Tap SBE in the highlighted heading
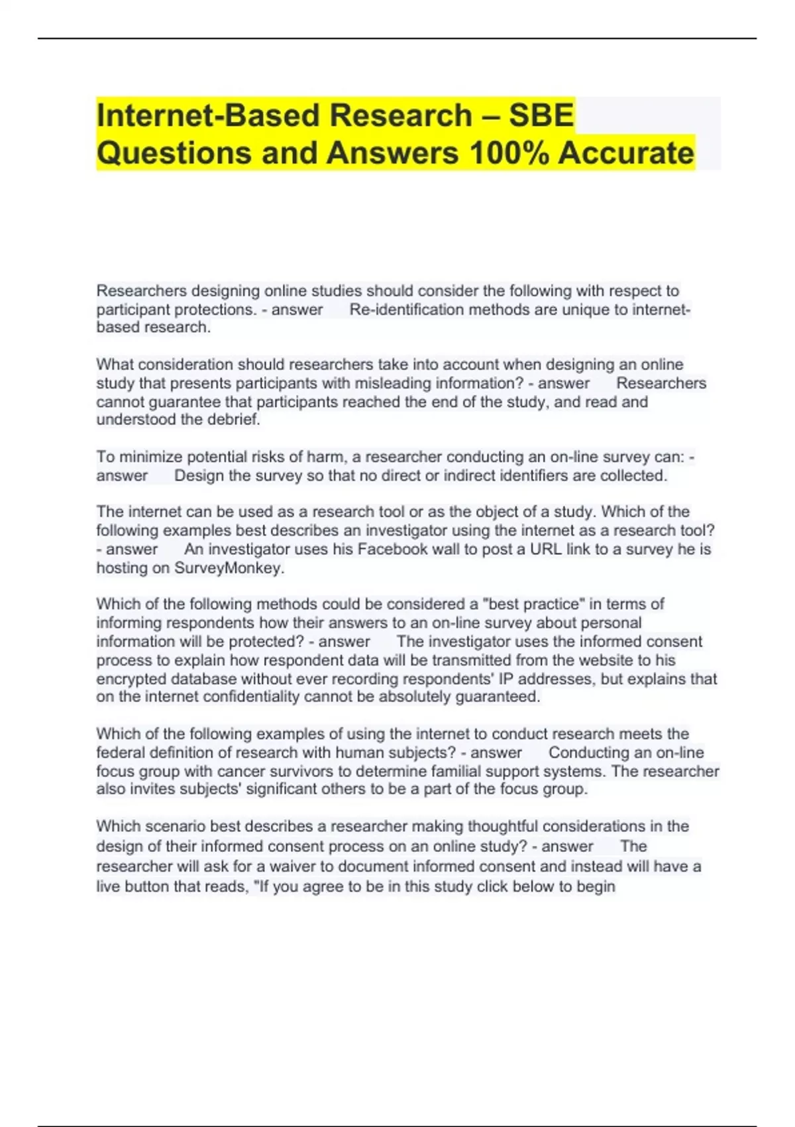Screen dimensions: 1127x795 click(x=541, y=115)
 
